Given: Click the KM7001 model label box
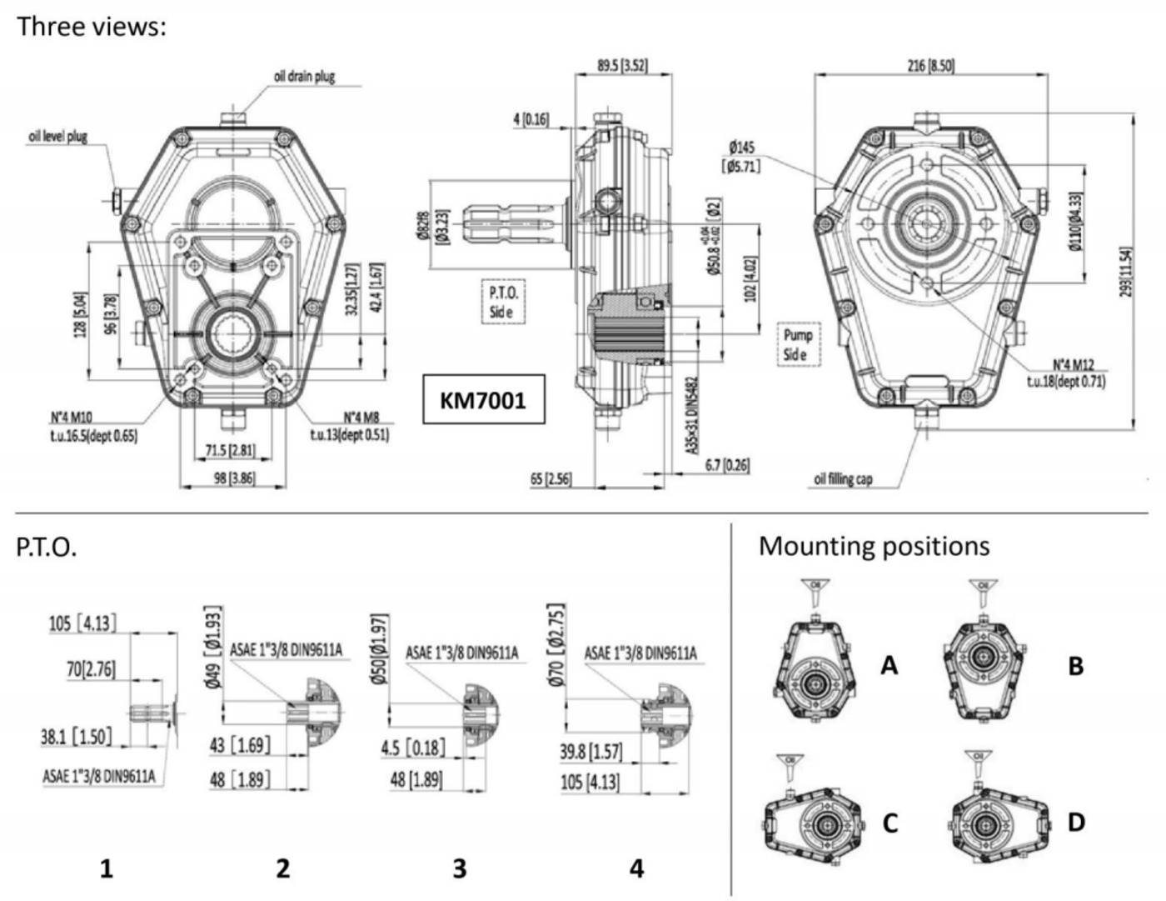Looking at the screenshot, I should coord(483,400).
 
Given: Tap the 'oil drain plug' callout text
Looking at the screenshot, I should coord(304,77).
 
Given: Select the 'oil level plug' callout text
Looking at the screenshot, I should coord(58,136).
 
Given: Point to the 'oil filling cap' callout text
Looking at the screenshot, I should coord(843,479).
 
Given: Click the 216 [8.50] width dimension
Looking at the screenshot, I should coord(930,65).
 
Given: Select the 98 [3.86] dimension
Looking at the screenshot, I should coord(231,478).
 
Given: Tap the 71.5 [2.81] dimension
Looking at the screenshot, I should coord(231,451).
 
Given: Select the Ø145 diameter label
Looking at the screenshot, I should coord(741,157).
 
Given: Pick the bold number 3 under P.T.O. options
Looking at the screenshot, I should coord(459,868).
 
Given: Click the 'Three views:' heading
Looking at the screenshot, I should coord(92,26).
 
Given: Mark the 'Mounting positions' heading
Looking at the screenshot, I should coord(874,547).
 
